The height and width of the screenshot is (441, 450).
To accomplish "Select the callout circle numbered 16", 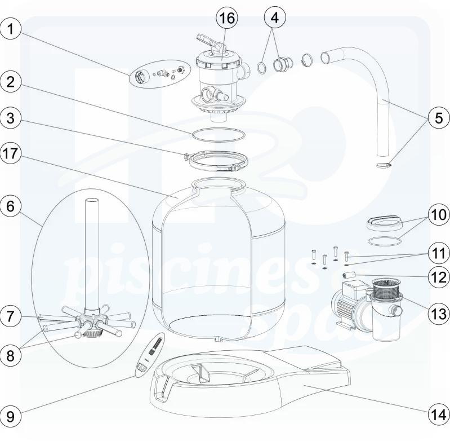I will pos(227,19).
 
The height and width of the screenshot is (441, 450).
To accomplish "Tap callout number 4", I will pos(274,19).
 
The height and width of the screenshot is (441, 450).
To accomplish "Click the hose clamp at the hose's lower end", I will pos(383,165).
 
